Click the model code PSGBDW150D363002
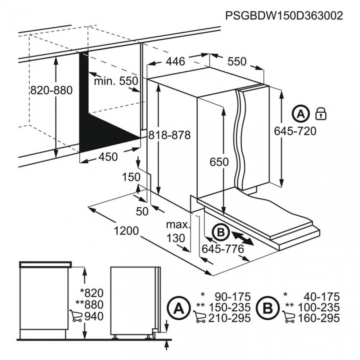(284, 16)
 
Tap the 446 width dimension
(175, 61)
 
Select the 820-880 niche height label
(51, 90)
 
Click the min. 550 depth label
(116, 81)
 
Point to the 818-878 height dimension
(170, 135)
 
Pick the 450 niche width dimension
(108, 157)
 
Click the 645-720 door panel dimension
(295, 131)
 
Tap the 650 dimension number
(219, 162)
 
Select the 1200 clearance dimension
(126, 231)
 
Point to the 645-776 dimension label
(223, 249)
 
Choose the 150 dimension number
(131, 177)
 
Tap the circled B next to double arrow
(221, 233)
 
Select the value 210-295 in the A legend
(229, 318)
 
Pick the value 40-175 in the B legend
(321, 297)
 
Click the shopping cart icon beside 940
(76, 316)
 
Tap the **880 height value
(90, 305)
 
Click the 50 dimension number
(142, 211)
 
